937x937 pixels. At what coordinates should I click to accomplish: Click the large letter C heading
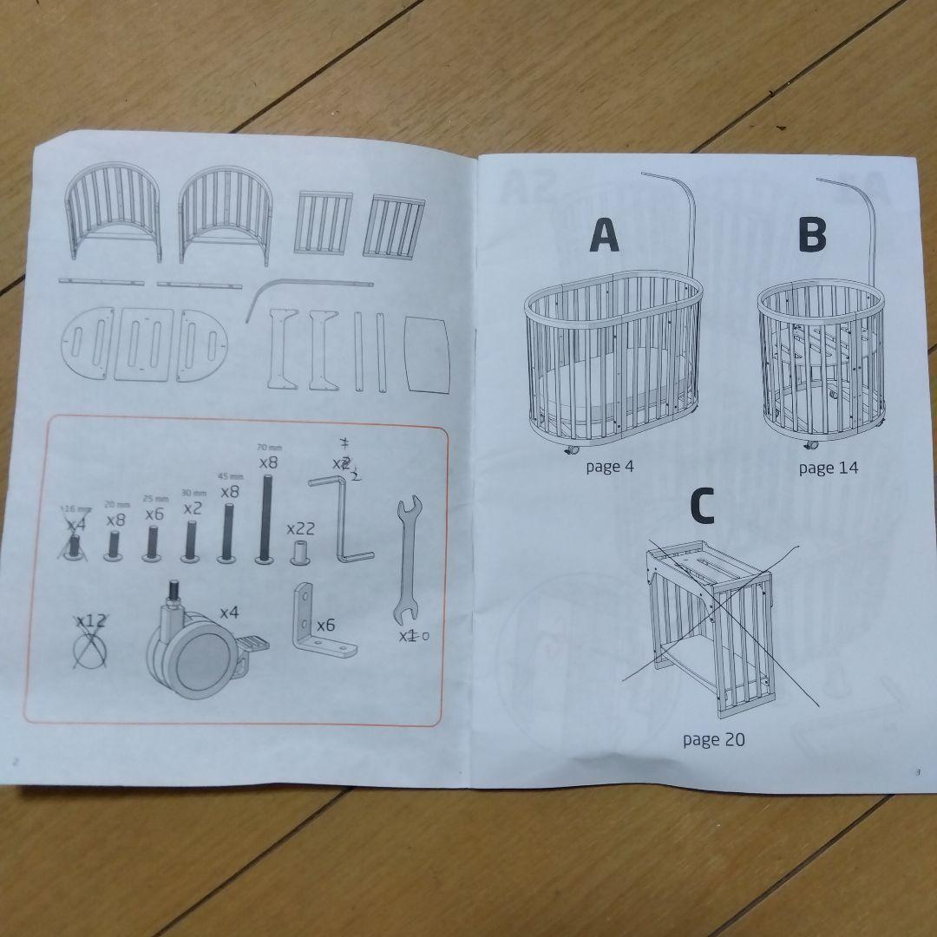[x=701, y=508]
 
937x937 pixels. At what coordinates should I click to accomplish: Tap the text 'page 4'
[x=609, y=467]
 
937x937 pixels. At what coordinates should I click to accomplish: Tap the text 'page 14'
[x=829, y=468]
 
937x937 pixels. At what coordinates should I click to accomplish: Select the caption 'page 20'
[x=713, y=740]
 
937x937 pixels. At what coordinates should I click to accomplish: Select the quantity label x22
[x=300, y=529]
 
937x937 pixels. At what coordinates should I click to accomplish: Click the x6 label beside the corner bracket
[x=326, y=625]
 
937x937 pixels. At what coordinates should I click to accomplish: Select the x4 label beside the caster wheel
[x=228, y=613]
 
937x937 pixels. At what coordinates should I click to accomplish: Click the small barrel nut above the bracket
[x=301, y=552]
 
